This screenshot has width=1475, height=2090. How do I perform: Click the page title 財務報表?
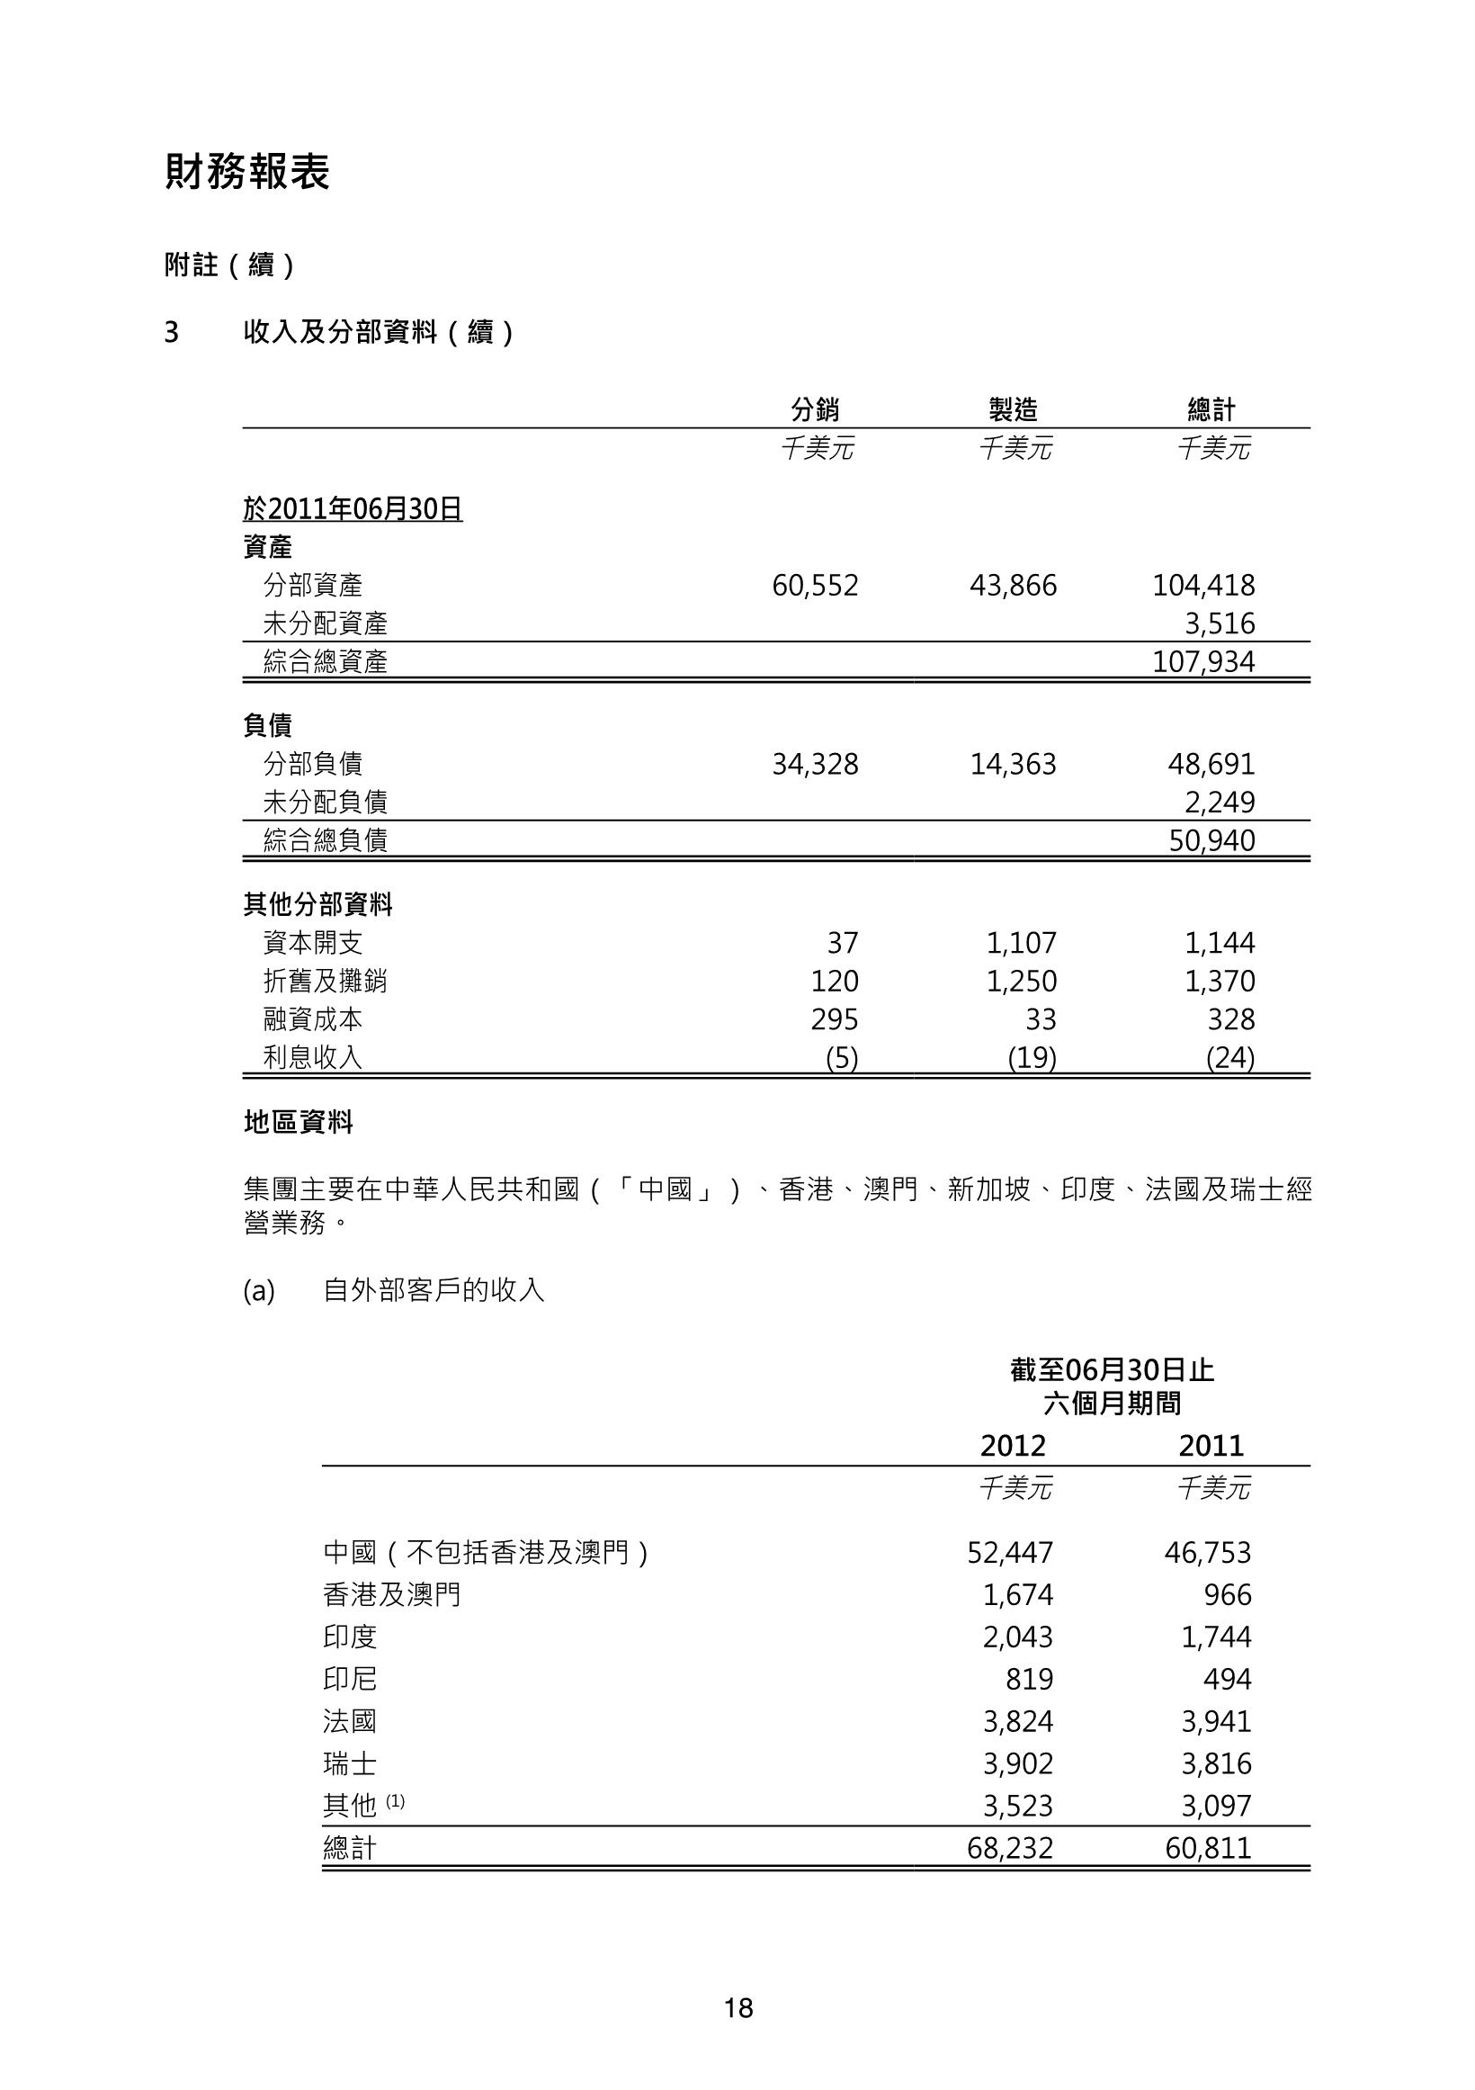246,172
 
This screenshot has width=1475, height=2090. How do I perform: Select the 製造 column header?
1013,409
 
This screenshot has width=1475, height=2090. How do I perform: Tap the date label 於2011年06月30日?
353,509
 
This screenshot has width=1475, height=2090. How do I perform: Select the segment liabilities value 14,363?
1013,764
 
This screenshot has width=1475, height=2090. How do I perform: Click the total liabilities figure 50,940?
1211,840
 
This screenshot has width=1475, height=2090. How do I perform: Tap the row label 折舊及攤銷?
325,981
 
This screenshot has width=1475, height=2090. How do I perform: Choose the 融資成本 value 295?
835,1018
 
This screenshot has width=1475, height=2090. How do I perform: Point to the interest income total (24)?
1229,1058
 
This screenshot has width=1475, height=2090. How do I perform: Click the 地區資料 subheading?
299,1122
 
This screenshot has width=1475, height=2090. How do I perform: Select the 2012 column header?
1013,1446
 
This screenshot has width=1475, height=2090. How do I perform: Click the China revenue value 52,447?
1010,1552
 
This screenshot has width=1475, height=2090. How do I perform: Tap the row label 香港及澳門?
391,1594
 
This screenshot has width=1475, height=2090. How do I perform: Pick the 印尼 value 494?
1227,1679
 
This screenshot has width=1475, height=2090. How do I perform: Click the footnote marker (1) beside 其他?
395,1800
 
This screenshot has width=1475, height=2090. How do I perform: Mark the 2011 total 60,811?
1208,1848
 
